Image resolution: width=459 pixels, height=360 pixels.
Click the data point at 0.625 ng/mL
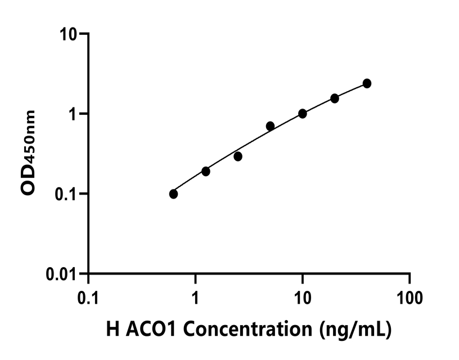[x=173, y=194]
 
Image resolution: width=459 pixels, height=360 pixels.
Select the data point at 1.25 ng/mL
[x=206, y=172]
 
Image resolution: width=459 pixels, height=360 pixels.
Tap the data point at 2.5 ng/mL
[x=238, y=156]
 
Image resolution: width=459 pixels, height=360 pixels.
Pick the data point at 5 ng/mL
[x=270, y=126]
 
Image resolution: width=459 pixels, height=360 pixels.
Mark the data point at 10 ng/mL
[x=303, y=114]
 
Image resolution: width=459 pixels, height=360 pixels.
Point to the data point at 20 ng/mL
[x=335, y=98]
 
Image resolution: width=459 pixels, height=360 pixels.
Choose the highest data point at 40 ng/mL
[x=367, y=83]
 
